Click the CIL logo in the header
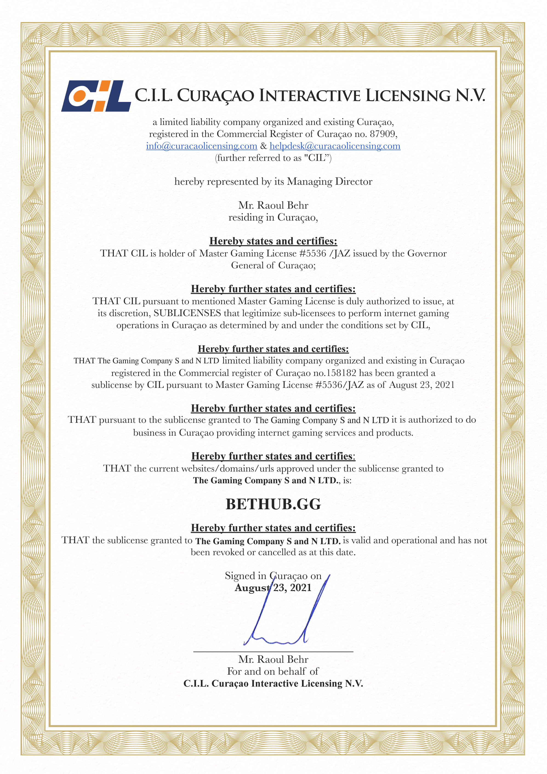96,96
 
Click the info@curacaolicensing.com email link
201,146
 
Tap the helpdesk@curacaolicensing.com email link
335,146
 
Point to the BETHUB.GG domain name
273,504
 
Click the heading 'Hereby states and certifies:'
273,241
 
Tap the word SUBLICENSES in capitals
187,313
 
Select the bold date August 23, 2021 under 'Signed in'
273,588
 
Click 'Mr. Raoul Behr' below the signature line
273,659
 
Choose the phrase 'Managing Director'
330,182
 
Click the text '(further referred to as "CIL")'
273,158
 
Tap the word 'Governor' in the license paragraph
427,253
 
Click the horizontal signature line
273,652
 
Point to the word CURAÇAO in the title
216,96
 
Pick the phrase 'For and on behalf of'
273,671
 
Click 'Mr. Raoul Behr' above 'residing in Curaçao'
273,205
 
